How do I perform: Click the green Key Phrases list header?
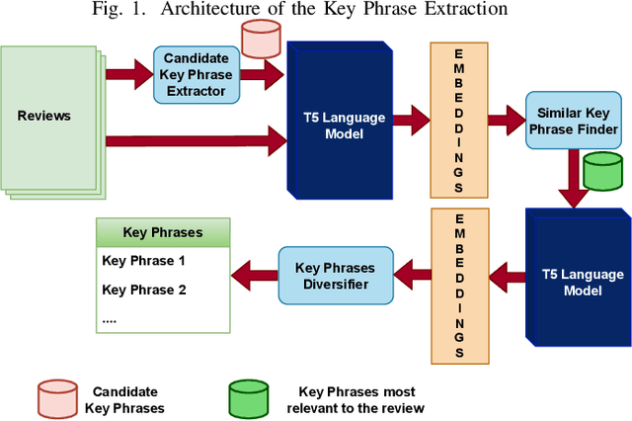coord(162,233)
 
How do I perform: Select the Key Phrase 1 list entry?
coord(144,262)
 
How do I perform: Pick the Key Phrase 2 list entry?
coord(144,290)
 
